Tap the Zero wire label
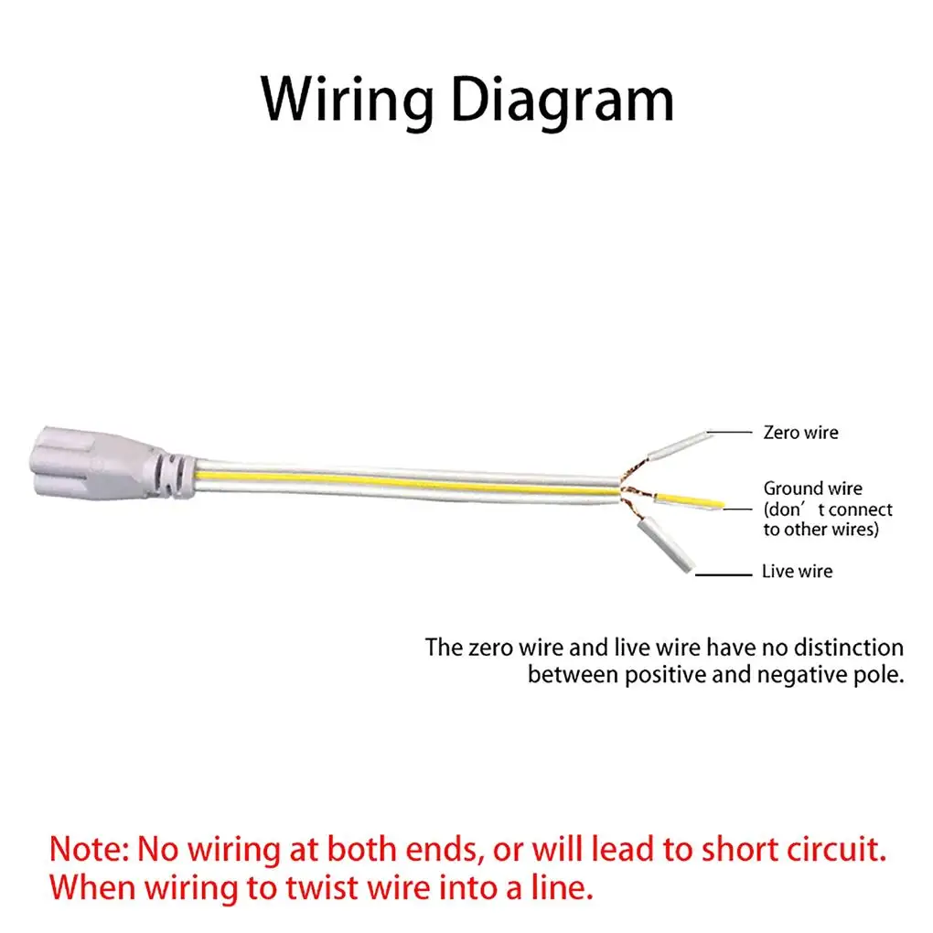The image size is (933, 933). point(800,432)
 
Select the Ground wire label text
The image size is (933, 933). point(813,488)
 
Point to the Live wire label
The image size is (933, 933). point(797,572)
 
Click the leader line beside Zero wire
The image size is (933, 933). point(730,431)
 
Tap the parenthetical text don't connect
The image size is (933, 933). point(828,509)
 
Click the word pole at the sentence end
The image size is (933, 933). point(879,677)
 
